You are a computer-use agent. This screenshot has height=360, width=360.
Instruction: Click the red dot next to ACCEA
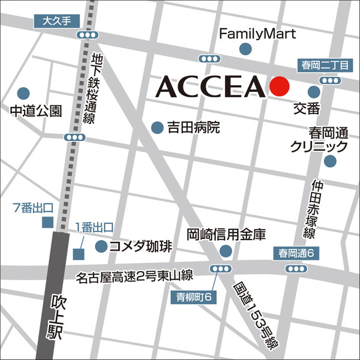[279, 87]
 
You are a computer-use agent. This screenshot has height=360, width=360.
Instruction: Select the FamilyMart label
[257, 34]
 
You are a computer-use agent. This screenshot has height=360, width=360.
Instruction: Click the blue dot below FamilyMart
[245, 49]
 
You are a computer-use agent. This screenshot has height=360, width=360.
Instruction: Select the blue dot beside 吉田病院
[157, 127]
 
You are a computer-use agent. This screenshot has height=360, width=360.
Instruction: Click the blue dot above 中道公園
[23, 94]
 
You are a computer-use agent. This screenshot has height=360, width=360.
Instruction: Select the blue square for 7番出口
[47, 223]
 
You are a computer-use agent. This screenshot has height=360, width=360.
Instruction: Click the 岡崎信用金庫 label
[233, 235]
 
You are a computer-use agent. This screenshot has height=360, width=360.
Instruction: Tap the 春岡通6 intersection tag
[299, 254]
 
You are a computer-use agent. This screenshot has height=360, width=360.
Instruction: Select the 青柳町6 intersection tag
[194, 296]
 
